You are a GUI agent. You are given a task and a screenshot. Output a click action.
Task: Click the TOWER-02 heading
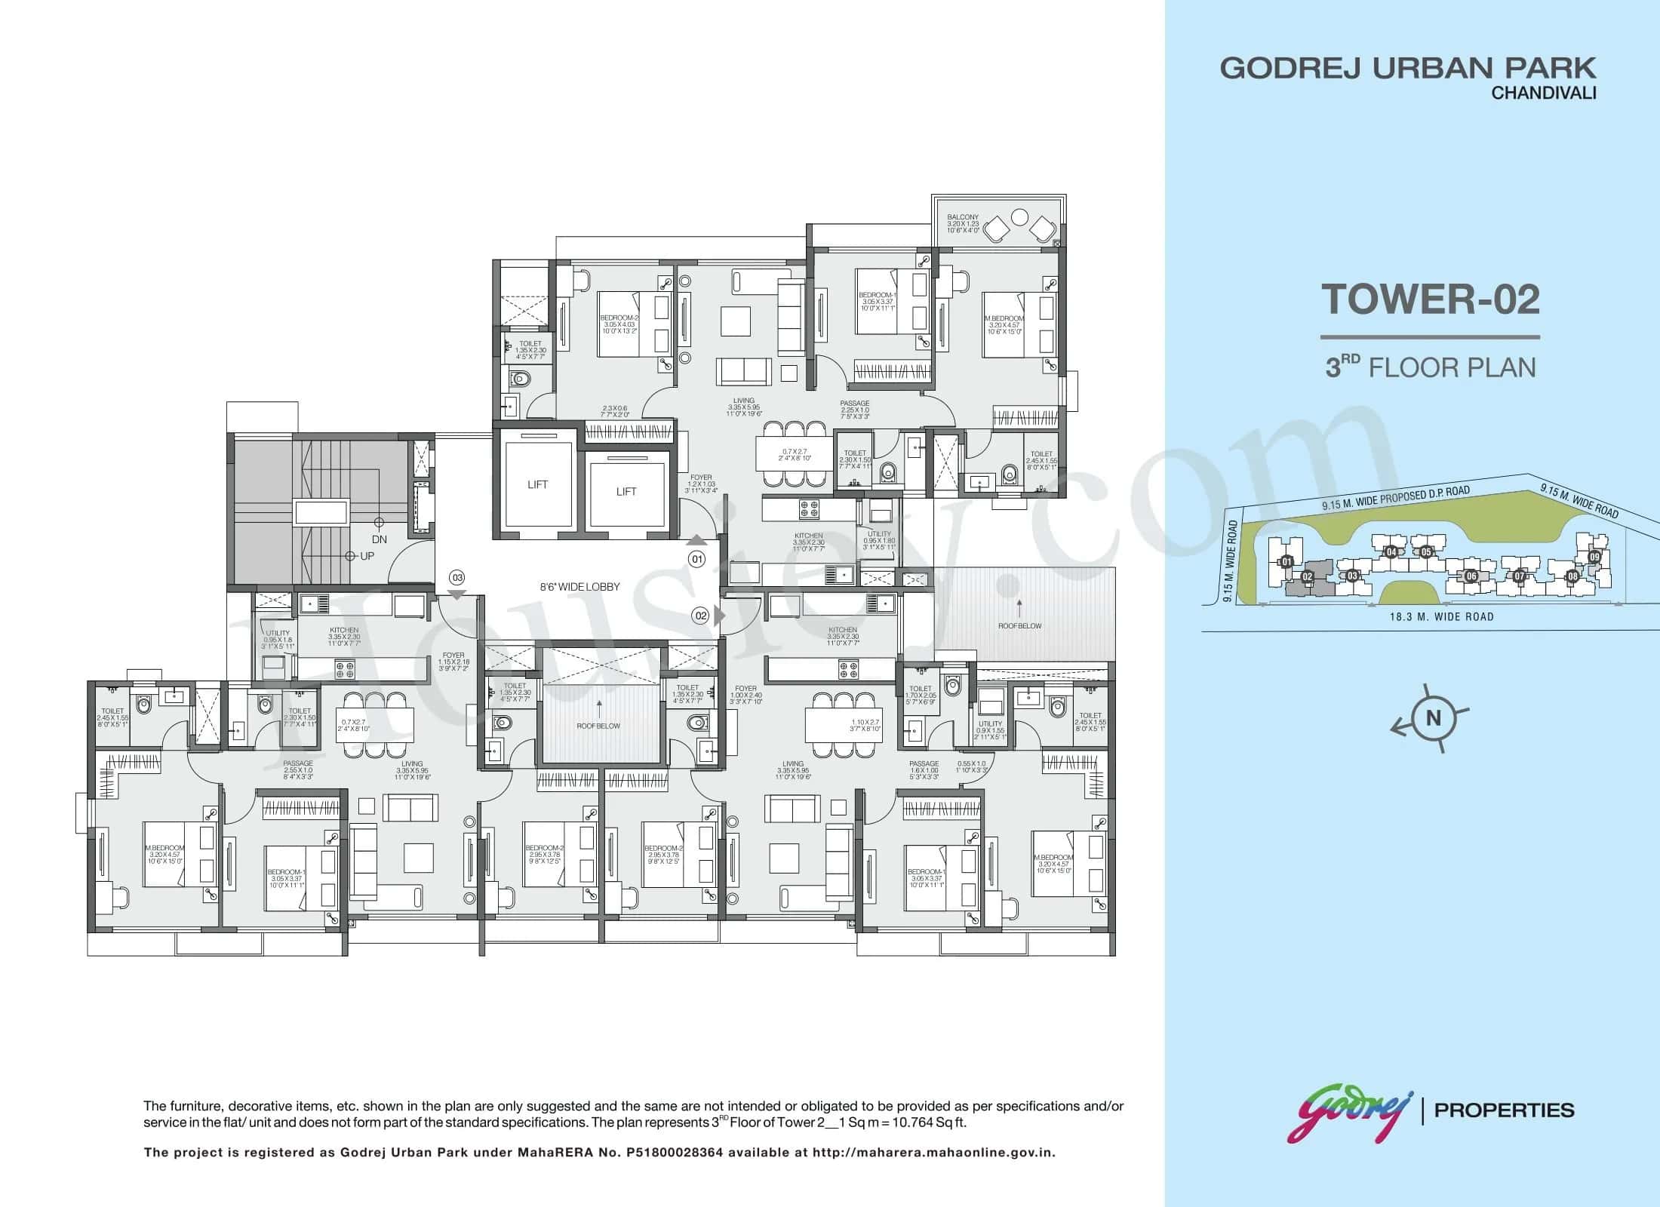click(x=1430, y=299)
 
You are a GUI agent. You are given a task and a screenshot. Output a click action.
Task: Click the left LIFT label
click(x=537, y=484)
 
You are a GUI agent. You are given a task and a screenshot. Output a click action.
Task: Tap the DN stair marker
click(x=380, y=539)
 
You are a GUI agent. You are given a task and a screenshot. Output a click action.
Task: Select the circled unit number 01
click(x=696, y=560)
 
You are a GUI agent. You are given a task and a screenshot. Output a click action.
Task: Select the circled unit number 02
click(x=701, y=616)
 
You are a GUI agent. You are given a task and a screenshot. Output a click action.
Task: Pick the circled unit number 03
click(x=456, y=578)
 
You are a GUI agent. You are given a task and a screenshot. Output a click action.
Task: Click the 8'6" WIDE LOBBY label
click(x=580, y=586)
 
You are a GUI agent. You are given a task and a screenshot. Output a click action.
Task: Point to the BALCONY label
click(x=963, y=217)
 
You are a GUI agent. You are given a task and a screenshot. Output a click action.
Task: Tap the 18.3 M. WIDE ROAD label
click(x=1441, y=616)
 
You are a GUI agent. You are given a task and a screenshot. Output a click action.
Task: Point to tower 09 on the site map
click(x=1594, y=557)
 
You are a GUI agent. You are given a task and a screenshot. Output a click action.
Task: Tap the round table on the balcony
click(x=1020, y=217)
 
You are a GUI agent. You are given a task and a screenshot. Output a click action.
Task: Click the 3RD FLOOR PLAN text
click(x=1431, y=367)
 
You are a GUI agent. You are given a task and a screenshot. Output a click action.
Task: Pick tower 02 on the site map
click(x=1308, y=578)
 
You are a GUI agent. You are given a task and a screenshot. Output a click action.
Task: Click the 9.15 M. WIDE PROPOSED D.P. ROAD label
click(x=1396, y=499)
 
